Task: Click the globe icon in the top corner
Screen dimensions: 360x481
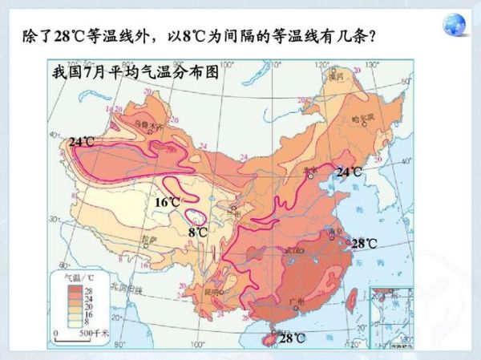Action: tap(459, 22)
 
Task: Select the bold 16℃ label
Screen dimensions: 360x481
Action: tap(167, 202)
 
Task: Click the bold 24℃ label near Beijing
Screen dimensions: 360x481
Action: tap(349, 172)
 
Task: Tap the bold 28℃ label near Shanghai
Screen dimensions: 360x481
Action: tap(364, 243)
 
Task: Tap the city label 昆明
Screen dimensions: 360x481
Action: tap(215, 291)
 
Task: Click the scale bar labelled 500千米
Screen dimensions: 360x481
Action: tap(72, 332)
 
